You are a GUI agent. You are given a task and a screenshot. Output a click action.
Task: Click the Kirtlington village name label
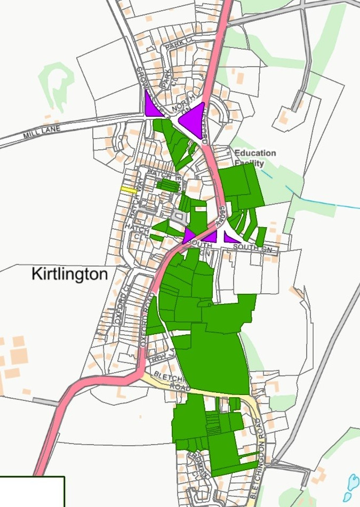[x=69, y=275]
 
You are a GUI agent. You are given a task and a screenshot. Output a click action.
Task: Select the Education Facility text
[x=255, y=158]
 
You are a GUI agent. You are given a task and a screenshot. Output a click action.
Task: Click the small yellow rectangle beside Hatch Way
[x=129, y=189]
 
